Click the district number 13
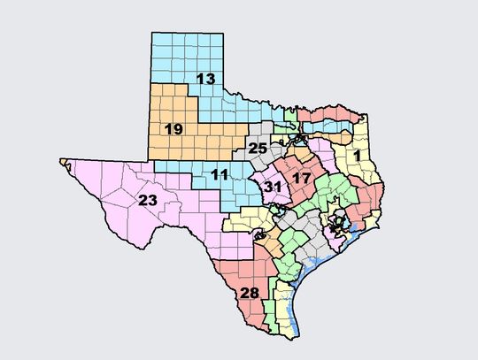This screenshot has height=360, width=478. click(205, 80)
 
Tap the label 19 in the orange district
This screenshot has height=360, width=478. click(173, 129)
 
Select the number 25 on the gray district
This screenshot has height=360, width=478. click(257, 148)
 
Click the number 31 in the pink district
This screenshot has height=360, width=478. click(273, 186)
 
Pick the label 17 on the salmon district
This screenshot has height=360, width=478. click(301, 178)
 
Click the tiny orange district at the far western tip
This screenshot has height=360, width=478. click(65, 161)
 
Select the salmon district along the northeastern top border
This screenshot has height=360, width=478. click(332, 114)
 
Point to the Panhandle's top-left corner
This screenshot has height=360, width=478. click(152, 33)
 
